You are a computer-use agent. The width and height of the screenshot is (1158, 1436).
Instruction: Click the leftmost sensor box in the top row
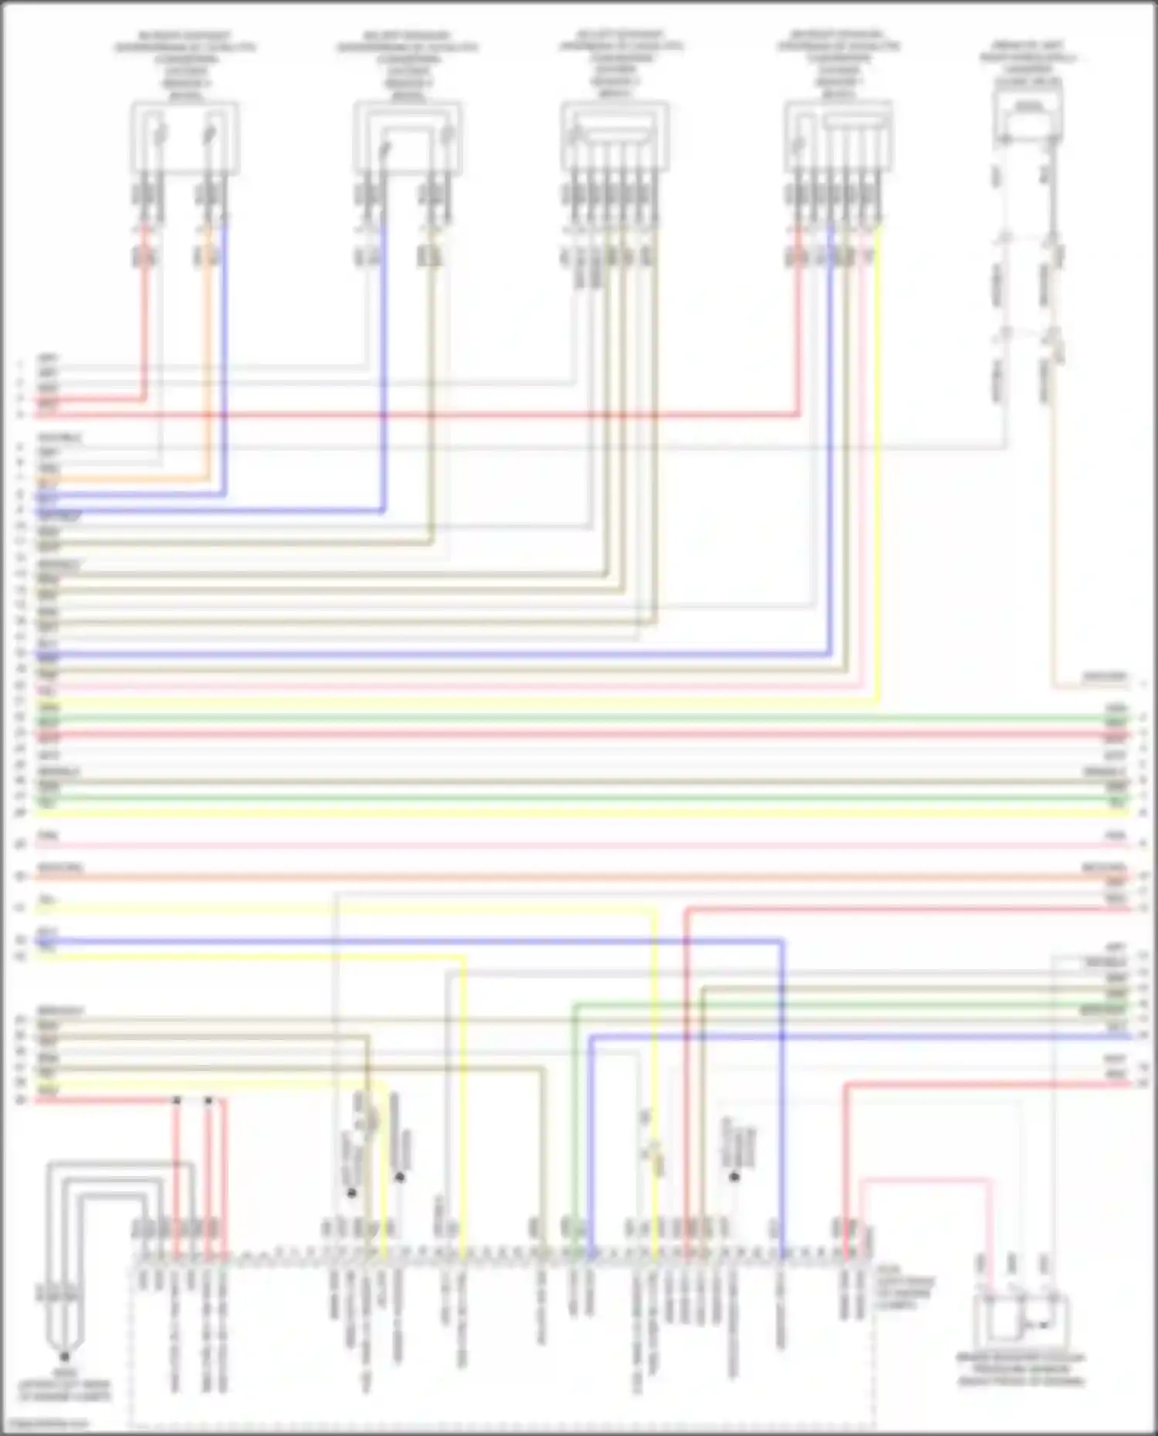185,139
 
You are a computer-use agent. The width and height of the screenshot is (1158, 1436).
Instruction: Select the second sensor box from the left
408,139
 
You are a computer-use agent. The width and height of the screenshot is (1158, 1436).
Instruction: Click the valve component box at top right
1028,116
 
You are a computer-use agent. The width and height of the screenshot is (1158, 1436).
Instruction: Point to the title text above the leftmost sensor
185,66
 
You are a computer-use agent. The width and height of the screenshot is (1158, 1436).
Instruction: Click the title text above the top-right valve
1028,62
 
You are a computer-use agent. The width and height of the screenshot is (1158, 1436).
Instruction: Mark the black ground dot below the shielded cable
64,1356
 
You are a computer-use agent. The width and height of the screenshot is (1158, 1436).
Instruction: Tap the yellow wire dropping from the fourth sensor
878,463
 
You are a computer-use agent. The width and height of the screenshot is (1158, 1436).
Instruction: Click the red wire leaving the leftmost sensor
144,324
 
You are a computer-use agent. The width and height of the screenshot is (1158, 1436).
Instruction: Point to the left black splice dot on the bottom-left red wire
177,1100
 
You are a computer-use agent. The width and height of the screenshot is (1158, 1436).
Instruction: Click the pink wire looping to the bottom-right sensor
926,1180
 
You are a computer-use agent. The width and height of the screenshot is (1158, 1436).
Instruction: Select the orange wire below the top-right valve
1053,540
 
